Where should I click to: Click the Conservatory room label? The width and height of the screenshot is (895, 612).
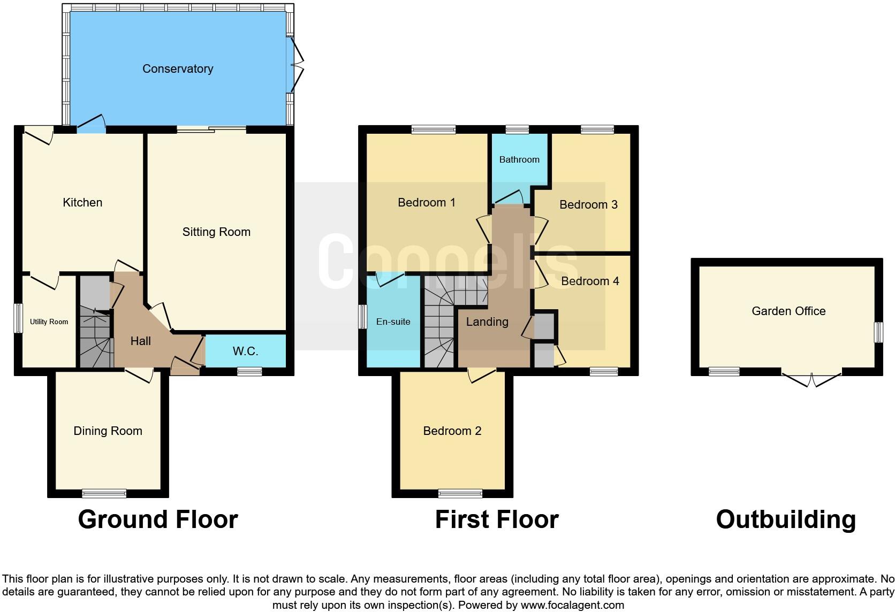click(178, 68)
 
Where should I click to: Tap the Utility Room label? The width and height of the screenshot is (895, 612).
click(49, 322)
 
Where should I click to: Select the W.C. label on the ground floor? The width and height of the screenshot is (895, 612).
click(245, 351)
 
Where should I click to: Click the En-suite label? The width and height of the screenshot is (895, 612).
click(393, 322)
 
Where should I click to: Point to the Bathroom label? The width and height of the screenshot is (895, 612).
click(519, 159)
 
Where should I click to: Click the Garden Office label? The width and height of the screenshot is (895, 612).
click(788, 311)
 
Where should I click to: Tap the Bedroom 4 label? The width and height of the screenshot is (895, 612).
click(590, 281)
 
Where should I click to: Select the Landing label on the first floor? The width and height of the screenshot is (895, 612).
click(487, 322)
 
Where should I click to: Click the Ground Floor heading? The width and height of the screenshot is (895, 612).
click(157, 519)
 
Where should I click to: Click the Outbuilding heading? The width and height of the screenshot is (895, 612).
click(785, 519)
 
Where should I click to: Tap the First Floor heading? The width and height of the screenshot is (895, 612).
click(496, 519)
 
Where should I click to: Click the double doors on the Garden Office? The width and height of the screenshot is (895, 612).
click(811, 379)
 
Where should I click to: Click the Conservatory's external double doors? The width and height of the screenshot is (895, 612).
click(296, 64)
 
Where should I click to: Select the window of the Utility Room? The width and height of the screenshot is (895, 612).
click(18, 318)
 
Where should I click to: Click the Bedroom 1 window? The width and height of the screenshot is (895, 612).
click(434, 129)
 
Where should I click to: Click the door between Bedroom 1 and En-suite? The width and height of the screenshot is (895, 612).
click(390, 278)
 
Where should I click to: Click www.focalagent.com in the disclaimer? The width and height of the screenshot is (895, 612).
click(572, 606)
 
